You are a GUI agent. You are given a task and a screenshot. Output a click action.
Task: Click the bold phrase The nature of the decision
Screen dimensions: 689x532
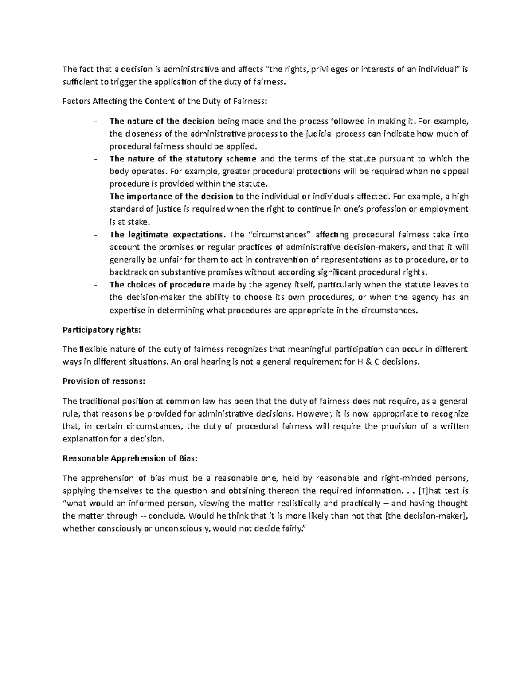coord(162,121)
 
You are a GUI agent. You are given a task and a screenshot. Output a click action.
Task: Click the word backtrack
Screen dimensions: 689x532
coord(127,272)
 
